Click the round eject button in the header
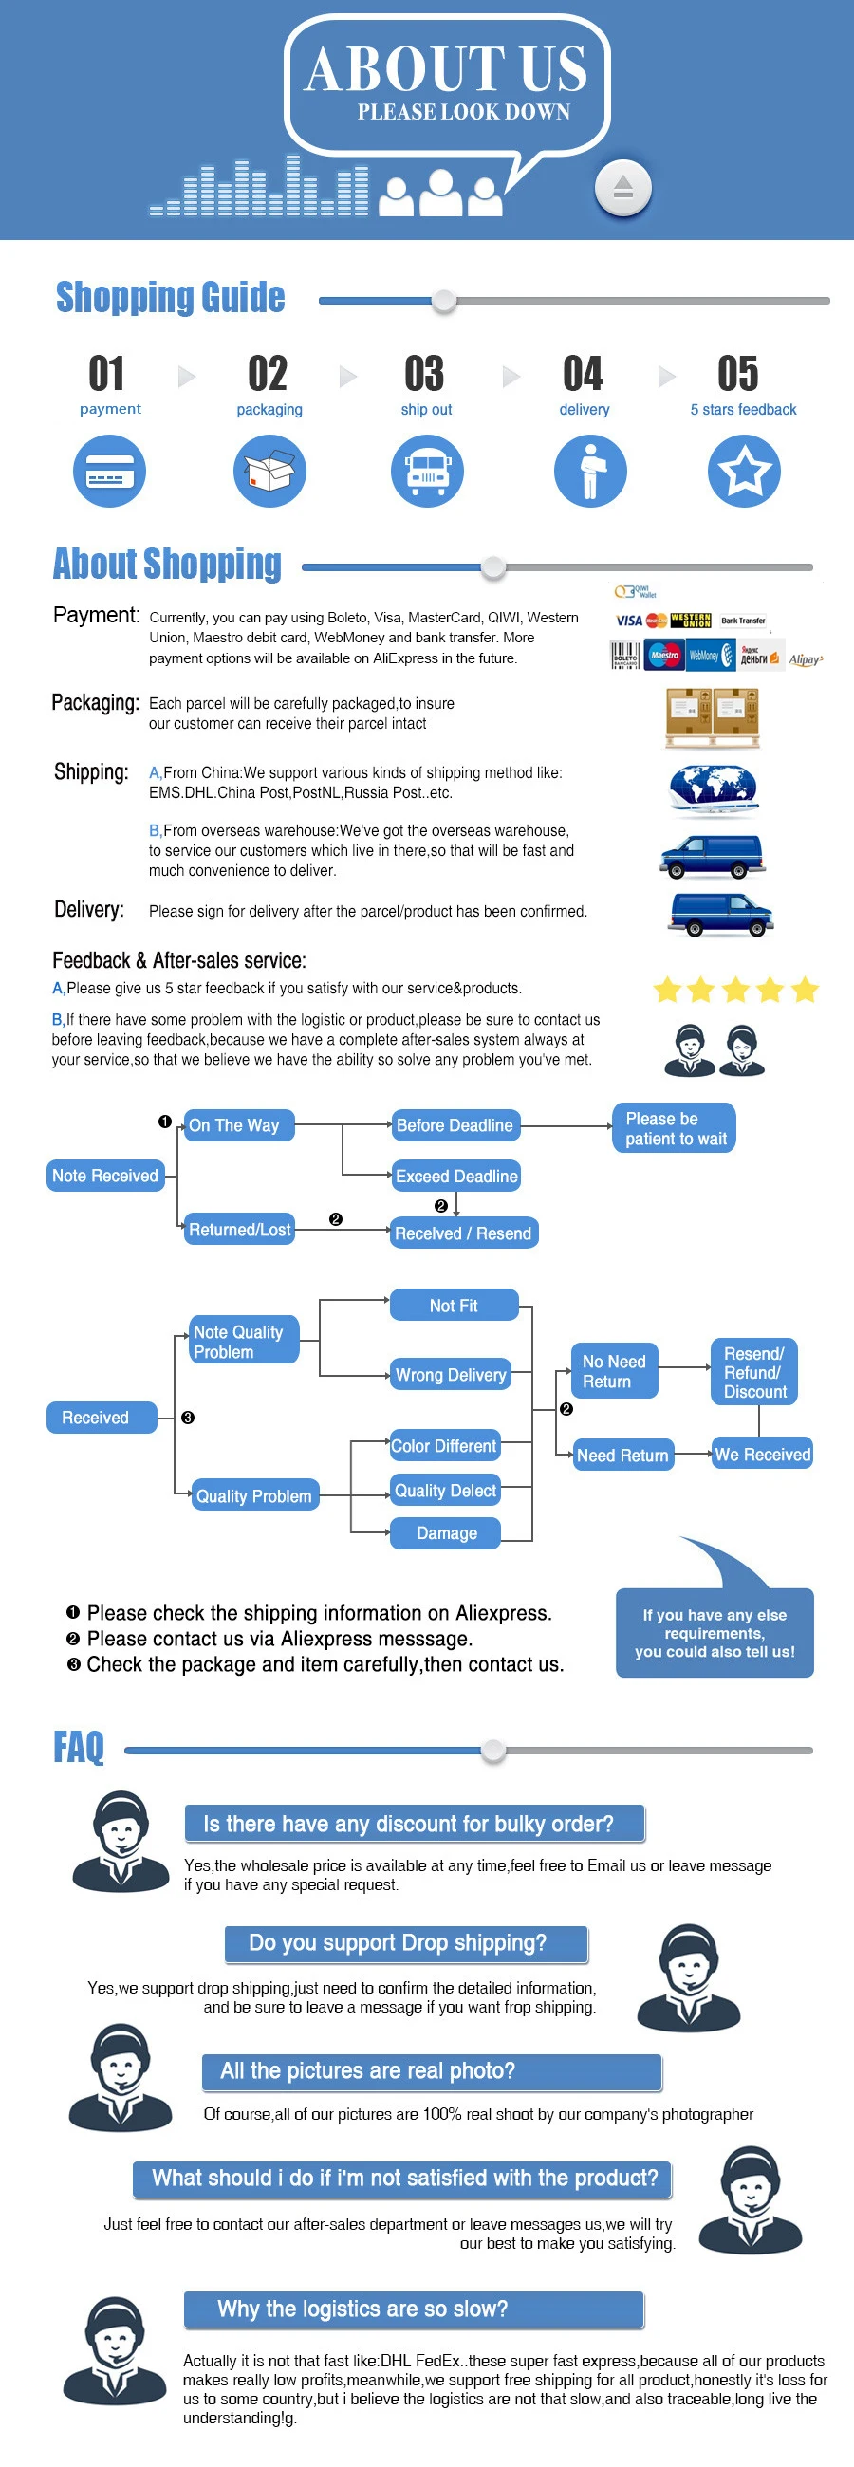(622, 187)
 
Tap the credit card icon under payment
(110, 472)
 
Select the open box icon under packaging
(270, 472)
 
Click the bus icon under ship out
(427, 472)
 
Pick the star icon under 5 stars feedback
(744, 472)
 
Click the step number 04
(583, 374)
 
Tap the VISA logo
(629, 621)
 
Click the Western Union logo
(690, 621)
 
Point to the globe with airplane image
(714, 791)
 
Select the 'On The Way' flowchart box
(238, 1125)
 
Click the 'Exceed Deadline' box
(456, 1176)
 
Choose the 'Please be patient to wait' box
(675, 1128)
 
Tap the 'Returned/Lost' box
(239, 1230)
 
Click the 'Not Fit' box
(454, 1306)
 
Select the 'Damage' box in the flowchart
(446, 1533)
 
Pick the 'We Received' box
(762, 1455)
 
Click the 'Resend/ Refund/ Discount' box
(754, 1372)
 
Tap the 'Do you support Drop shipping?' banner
(406, 1943)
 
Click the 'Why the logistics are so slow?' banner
(414, 2309)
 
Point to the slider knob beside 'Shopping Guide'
(443, 301)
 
